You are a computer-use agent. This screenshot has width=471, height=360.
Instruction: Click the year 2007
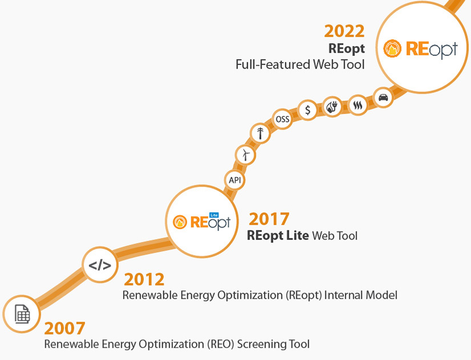pos(65,328)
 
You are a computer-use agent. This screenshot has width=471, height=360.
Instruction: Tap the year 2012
pos(144,279)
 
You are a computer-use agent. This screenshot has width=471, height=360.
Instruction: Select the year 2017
pos(269,219)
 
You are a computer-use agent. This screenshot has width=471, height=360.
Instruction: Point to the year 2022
pos(344,31)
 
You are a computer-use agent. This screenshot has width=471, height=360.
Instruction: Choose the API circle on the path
pos(235,180)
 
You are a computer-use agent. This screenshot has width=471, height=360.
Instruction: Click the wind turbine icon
pos(245,155)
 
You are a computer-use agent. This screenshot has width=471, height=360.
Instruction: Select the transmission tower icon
pos(260,134)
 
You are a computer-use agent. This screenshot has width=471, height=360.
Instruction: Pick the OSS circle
pos(283,119)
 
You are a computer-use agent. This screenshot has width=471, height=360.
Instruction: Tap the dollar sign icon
pos(308,110)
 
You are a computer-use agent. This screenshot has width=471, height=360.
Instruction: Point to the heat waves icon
pos(358,105)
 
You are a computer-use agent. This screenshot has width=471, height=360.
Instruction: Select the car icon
pos(383,97)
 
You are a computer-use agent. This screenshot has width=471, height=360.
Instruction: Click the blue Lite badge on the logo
pos(215,215)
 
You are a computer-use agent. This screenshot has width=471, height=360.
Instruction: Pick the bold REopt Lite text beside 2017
pos(278,235)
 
